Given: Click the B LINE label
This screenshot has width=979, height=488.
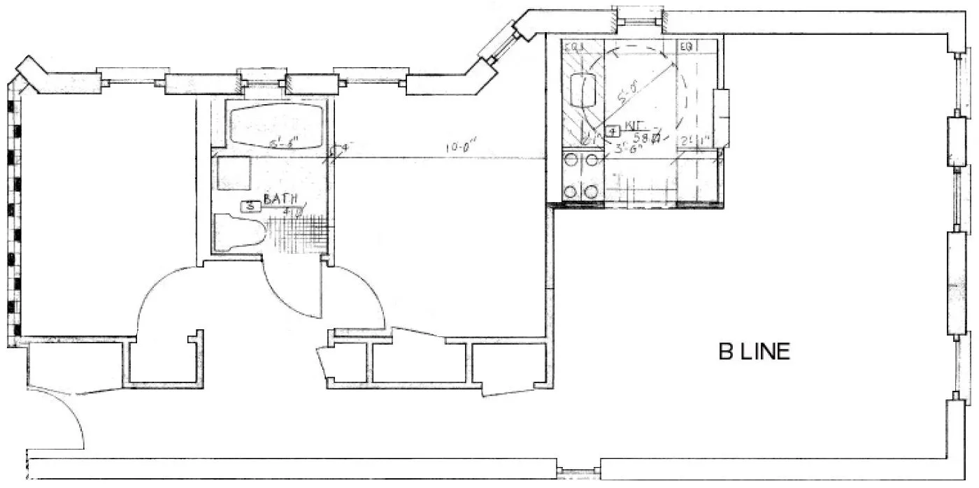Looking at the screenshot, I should tap(755, 351).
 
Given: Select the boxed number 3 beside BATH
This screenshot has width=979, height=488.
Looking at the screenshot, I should tap(250, 206).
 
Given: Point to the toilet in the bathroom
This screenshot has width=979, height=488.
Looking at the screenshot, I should tap(238, 231).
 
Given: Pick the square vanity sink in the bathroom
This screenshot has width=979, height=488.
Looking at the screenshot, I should tap(234, 173).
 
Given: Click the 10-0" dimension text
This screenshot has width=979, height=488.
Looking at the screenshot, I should tap(459, 148).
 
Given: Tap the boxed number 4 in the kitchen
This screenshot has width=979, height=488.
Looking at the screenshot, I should tap(613, 131).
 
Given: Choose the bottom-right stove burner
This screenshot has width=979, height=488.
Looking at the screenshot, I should tap(593, 189).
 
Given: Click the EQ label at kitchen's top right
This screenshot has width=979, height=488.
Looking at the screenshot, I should tap(687, 46).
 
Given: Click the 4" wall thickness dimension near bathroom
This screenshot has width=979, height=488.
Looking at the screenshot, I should tap(343, 148).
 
